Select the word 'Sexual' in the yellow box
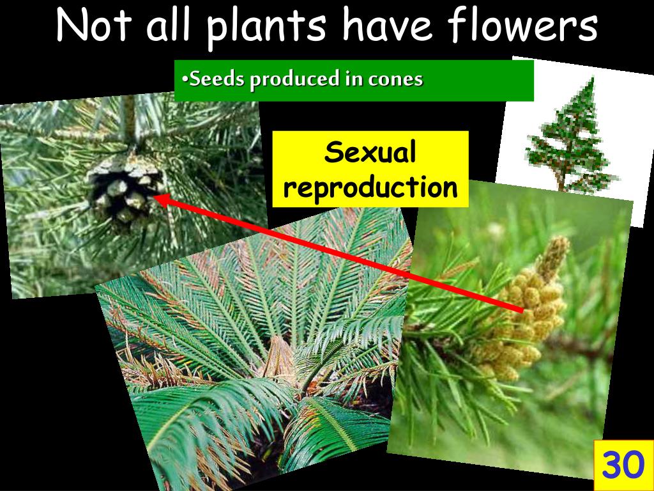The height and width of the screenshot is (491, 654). click(370, 153)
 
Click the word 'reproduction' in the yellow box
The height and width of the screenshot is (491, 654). click(370, 187)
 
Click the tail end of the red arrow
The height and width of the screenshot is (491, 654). click(521, 310)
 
